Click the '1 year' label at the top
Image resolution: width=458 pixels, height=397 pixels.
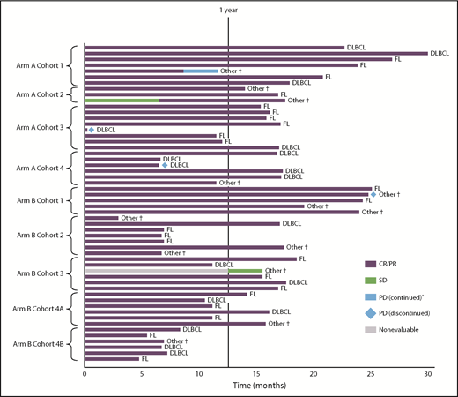[229, 10]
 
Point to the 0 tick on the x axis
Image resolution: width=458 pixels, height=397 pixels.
[85, 374]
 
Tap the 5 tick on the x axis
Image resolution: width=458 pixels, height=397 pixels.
[142, 374]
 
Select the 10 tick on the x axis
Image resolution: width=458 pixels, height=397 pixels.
[199, 374]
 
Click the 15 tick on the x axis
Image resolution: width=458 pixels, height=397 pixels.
[256, 374]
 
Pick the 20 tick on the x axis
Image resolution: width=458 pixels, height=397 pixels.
[314, 374]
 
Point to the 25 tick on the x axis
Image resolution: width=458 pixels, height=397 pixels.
[371, 374]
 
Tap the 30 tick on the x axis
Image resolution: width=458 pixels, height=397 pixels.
[428, 374]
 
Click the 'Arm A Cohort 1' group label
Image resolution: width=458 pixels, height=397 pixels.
[37, 65]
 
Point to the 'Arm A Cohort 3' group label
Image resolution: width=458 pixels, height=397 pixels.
[37, 128]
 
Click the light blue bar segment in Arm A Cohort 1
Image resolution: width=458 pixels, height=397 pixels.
[201, 71]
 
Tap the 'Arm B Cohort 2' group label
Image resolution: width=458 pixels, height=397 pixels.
[37, 235]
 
